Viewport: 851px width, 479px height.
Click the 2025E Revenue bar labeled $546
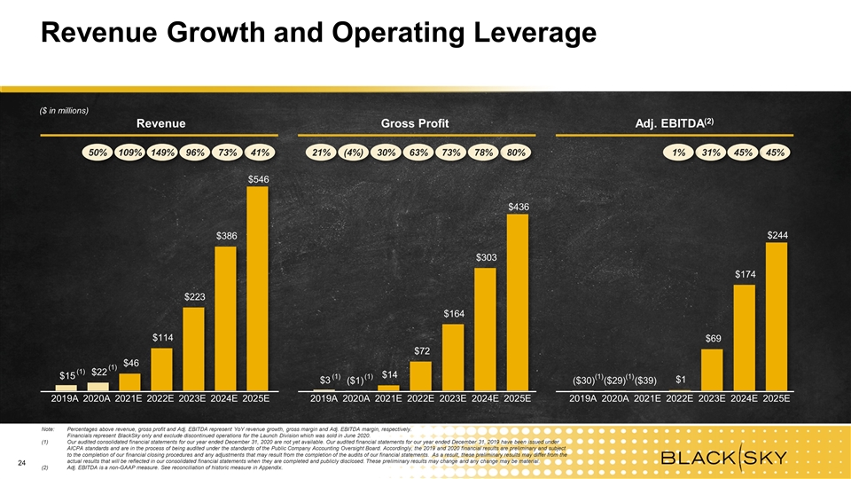(258, 288)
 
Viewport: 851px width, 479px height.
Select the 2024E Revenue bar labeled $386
(226, 318)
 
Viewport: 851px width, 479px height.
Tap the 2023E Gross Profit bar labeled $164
(453, 357)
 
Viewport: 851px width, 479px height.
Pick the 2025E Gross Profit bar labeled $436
(517, 302)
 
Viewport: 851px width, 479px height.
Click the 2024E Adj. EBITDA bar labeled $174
(745, 338)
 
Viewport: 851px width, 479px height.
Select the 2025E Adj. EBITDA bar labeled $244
(777, 317)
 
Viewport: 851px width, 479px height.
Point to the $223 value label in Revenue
(195, 296)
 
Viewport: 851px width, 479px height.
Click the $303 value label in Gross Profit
(486, 257)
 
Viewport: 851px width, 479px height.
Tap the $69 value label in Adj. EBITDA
(714, 338)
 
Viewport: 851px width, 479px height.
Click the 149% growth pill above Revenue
(163, 153)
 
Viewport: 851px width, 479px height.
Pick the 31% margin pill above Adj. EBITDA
(711, 153)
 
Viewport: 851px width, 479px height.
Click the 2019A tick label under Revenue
(65, 400)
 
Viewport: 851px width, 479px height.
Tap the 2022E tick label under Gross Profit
(421, 400)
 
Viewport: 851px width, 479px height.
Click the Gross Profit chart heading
(419, 122)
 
